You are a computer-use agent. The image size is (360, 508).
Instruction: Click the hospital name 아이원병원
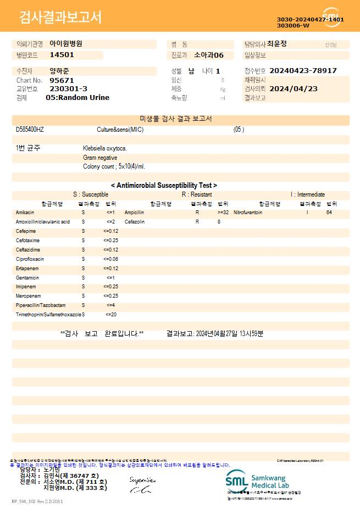[x=66, y=44]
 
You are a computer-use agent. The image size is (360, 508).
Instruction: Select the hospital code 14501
[x=62, y=55]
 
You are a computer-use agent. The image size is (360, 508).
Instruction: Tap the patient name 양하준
[x=59, y=71]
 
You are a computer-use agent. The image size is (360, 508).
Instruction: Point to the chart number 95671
[x=61, y=80]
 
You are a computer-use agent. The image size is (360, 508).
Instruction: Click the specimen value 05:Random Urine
[x=77, y=98]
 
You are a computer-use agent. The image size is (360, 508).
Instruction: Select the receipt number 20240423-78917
[x=303, y=71]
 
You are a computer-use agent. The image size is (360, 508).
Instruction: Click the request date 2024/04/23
[x=293, y=89]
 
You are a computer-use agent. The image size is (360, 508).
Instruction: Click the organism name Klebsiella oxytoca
[x=105, y=148]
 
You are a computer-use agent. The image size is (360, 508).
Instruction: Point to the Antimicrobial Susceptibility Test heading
[x=164, y=186]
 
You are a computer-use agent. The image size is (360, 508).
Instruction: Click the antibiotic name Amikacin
[x=25, y=212]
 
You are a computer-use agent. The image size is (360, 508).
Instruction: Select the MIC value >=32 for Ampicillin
[x=223, y=212]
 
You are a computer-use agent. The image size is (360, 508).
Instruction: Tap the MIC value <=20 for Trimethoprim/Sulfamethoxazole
[x=111, y=315]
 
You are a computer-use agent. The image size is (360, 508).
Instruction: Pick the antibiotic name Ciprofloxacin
[x=30, y=259]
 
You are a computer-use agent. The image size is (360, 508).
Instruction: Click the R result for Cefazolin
[x=197, y=222]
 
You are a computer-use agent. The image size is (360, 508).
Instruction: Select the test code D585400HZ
[x=30, y=130]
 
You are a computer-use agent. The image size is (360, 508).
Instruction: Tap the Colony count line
[x=114, y=166]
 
